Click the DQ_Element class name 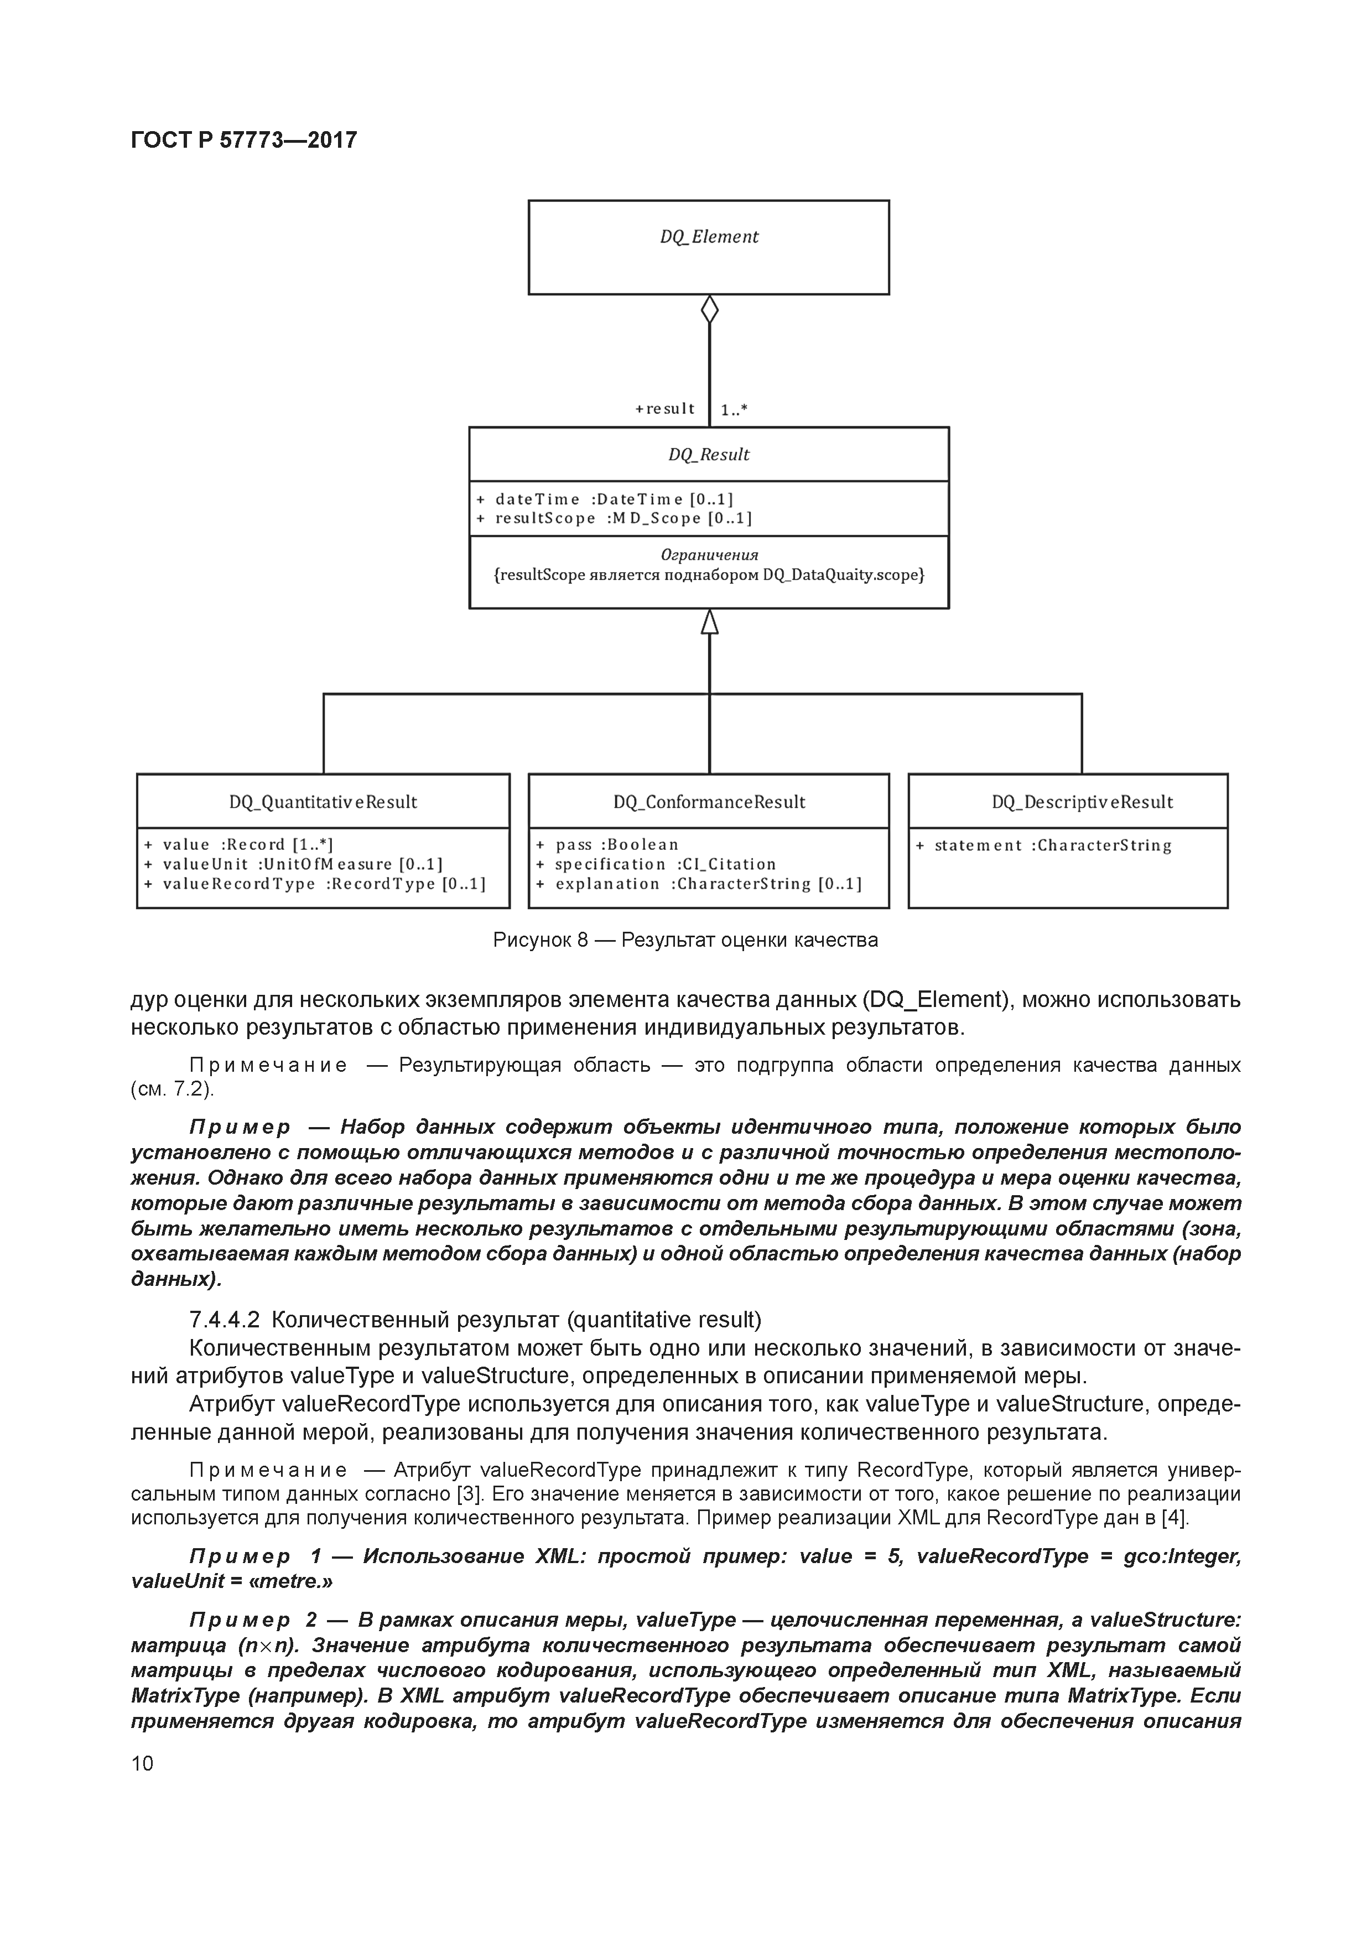click(x=708, y=237)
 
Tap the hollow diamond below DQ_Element click(x=709, y=309)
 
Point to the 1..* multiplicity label click(x=734, y=411)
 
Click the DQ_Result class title click(x=708, y=455)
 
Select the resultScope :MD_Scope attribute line click(x=613, y=518)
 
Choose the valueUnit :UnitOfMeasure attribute click(x=293, y=864)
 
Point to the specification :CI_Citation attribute click(x=655, y=864)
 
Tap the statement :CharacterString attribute click(x=1043, y=845)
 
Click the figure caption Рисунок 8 click(x=685, y=940)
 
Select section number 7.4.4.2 click(x=224, y=1320)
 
